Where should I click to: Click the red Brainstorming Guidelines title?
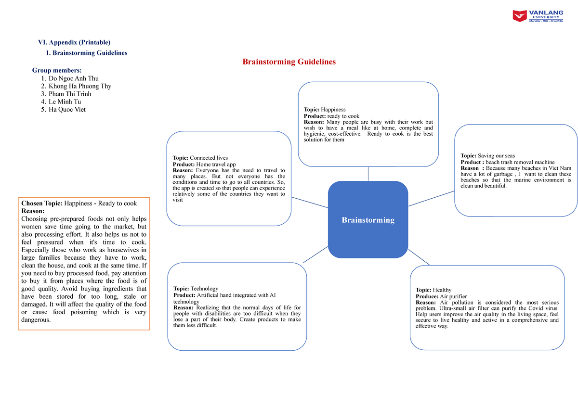289,62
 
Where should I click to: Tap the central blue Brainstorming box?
368,220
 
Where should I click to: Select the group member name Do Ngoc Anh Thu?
74,78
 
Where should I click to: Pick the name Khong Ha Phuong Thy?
80,86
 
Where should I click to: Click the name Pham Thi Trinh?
70,94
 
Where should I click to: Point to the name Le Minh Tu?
65,102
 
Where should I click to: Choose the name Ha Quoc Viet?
67,109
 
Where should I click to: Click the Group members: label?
57,70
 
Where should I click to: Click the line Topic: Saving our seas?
487,155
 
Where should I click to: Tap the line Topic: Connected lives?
200,158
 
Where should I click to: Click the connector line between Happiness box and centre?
368,174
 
